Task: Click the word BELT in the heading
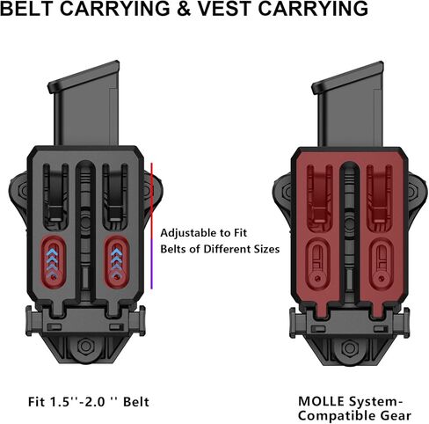27,9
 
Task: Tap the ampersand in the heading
184,9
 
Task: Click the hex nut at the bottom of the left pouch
85,347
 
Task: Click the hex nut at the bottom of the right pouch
349,348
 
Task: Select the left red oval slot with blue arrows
54,262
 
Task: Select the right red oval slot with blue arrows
117,262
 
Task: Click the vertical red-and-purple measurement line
151,226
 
